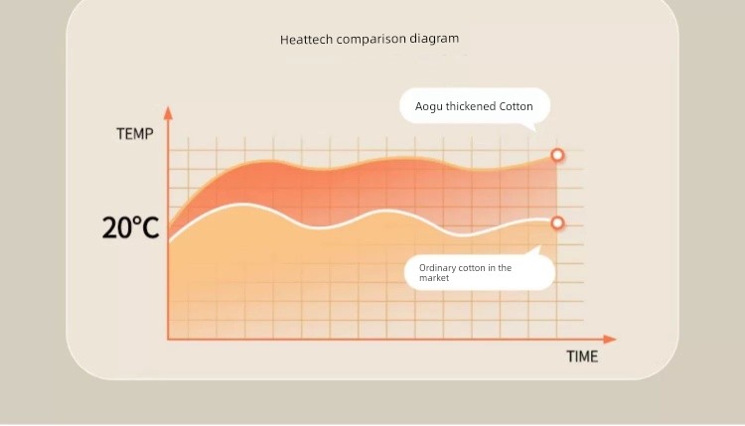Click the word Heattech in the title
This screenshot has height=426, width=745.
tap(306, 40)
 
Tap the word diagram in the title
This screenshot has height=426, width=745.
tap(434, 39)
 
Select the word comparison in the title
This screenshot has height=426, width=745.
tap(372, 39)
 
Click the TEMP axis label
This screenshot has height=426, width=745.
tap(135, 134)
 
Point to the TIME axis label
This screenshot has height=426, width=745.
tap(582, 356)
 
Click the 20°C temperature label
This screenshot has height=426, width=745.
tap(130, 227)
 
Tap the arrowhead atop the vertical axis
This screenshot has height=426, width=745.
tap(168, 113)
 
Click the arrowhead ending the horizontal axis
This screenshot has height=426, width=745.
tap(610, 339)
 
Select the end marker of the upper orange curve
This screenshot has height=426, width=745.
tap(557, 155)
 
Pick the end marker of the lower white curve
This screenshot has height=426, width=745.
tap(557, 222)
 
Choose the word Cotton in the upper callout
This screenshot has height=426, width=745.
tap(516, 106)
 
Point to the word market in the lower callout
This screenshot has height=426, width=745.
tap(434, 278)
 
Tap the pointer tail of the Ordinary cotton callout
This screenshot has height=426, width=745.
tap(536, 250)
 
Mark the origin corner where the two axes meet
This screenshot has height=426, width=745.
tap(168, 339)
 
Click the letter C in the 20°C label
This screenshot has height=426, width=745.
tap(150, 228)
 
